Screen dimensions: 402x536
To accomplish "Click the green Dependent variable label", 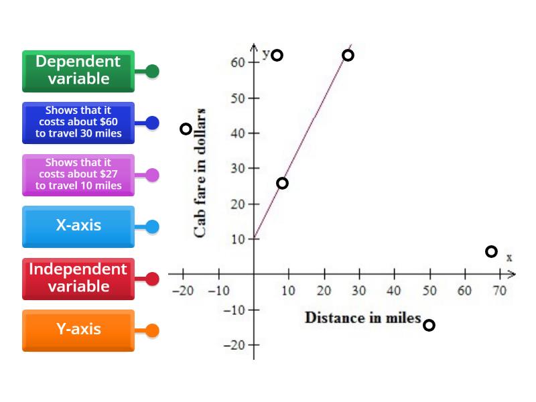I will (78, 71).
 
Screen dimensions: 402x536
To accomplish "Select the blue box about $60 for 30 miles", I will (78, 123).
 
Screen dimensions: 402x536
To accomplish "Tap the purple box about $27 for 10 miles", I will (78, 174).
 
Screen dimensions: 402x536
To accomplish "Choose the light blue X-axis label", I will (78, 226).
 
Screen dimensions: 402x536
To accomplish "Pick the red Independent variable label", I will (78, 278).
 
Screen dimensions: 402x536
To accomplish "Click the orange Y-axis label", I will (78, 330).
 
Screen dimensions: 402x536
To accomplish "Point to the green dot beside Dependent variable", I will (152, 71).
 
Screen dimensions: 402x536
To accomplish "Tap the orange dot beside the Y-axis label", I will (152, 330).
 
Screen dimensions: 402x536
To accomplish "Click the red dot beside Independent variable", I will (152, 279).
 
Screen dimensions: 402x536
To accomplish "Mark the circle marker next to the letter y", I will (277, 55).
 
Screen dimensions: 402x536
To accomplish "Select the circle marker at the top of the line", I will (348, 55).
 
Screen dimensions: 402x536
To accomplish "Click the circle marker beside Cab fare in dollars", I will (186, 129).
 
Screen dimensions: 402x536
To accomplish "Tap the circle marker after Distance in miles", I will (429, 326).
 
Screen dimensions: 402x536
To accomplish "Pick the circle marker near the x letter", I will (491, 251).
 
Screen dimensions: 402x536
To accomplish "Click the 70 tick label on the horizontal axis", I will (500, 291).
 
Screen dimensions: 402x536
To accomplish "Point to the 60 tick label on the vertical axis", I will (237, 62).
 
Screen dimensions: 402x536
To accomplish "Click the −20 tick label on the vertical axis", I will (234, 344).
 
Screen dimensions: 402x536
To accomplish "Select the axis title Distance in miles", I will (362, 318).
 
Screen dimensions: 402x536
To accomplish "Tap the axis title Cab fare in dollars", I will (200, 173).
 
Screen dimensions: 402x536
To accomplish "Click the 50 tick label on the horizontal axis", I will (429, 291).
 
